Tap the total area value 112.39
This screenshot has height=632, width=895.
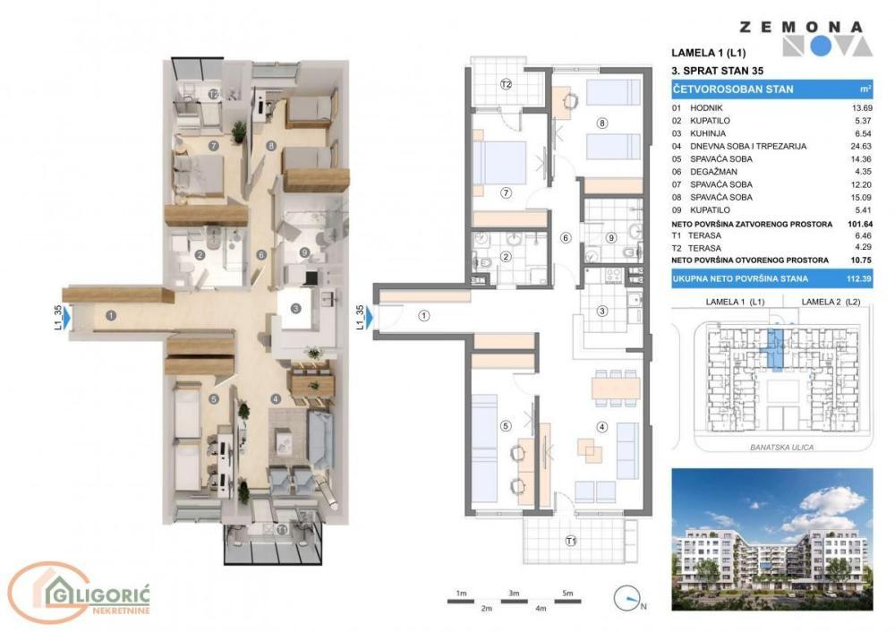(x=859, y=279)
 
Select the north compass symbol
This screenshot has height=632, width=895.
(x=630, y=598)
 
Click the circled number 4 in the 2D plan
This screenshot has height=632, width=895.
(x=602, y=426)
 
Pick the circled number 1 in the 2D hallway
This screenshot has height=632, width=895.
(x=424, y=314)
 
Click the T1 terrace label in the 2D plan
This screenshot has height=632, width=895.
(x=570, y=540)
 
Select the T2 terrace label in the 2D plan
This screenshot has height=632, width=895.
(x=506, y=85)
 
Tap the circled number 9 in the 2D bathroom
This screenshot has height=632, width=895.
(x=611, y=237)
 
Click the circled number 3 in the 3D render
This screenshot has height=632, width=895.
(x=296, y=311)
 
